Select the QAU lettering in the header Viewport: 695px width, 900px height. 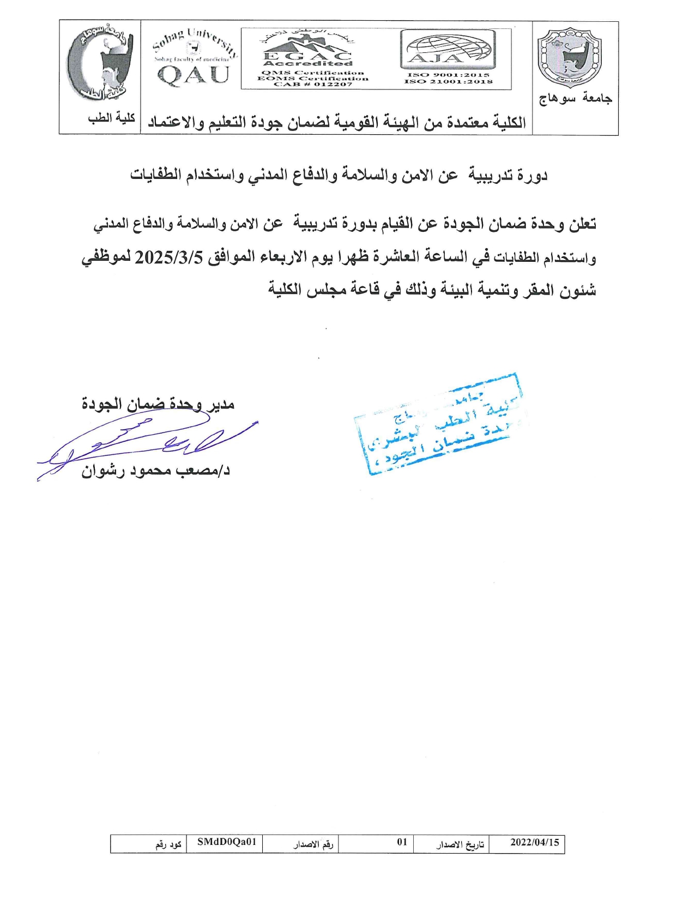point(194,75)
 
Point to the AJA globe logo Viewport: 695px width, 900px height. point(447,50)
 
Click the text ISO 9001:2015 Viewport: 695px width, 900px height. point(448,75)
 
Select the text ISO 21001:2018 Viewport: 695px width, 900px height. point(448,82)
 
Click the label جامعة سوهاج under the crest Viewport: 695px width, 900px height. point(575,99)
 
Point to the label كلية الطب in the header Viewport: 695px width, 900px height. point(112,118)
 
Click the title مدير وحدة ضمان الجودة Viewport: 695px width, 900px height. point(158,404)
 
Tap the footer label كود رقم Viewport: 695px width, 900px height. point(168,844)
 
